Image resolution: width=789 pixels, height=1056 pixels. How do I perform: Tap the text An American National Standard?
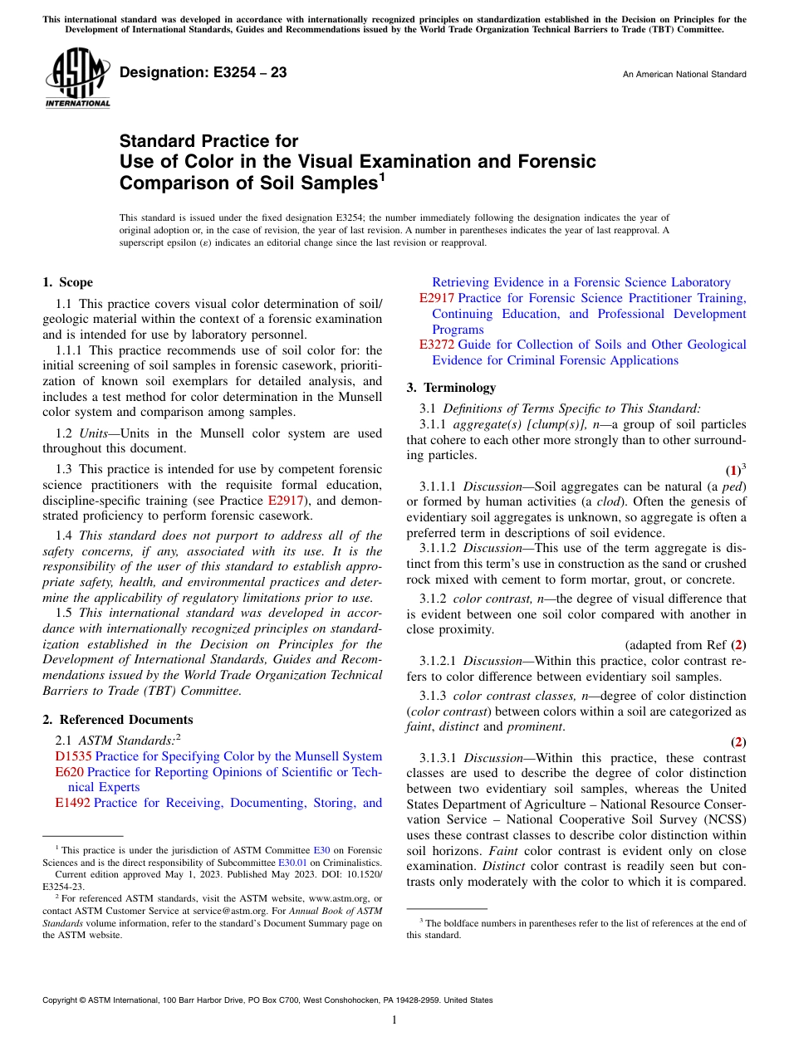pos(684,75)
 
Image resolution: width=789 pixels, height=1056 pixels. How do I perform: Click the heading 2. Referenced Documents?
pos(118,720)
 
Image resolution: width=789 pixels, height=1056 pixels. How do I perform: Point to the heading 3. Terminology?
pos(451,388)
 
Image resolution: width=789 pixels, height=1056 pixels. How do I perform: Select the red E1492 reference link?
pos(72,803)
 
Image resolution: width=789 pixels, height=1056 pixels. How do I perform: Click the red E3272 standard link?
pos(437,345)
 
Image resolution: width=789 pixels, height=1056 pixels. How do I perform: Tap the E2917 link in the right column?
pos(437,298)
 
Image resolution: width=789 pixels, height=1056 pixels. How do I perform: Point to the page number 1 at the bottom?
pos(394,1020)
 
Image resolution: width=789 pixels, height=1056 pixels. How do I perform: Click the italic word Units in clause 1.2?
pos(95,433)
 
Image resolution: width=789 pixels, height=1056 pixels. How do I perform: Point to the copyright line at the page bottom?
pos(267,1000)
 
